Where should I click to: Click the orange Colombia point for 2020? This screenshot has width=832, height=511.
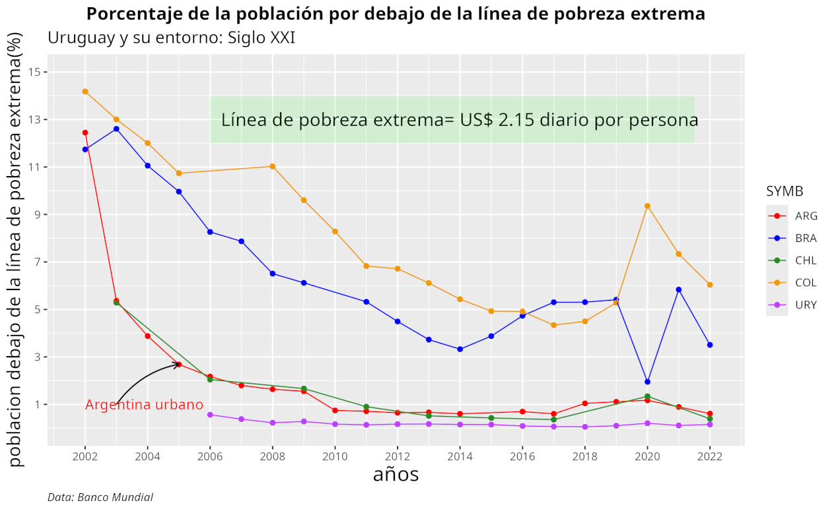tap(648, 206)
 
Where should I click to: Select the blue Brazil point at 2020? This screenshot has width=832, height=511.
tap(648, 382)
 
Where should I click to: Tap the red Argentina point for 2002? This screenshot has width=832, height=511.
tap(85, 133)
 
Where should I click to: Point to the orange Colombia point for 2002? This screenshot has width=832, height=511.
tap(85, 92)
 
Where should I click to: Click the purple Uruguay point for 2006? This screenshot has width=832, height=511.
tap(210, 415)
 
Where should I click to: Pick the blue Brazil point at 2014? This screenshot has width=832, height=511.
tap(460, 349)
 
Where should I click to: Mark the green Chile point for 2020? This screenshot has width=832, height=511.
tap(648, 396)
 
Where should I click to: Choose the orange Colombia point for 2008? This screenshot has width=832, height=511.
tap(273, 166)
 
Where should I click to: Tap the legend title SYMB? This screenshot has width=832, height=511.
tap(784, 191)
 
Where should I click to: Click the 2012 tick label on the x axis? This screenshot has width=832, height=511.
tap(398, 456)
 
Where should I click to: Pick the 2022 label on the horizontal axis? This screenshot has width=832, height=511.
tap(710, 456)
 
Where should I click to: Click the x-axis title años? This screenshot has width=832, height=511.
tap(396, 474)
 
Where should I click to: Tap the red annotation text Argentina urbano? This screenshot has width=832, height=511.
tap(144, 405)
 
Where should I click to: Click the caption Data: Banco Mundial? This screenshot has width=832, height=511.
tap(100, 497)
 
